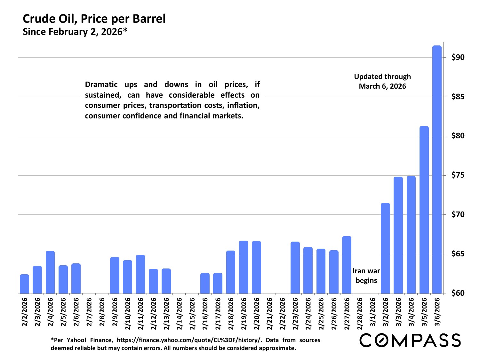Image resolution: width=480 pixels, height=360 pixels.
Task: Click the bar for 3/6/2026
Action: (437, 170)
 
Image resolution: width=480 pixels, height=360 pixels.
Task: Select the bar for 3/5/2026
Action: (424, 210)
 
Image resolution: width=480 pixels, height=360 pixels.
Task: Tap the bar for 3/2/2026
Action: (385, 248)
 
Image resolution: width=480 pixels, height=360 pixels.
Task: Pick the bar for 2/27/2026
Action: (347, 265)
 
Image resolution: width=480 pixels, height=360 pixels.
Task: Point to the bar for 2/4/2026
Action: (50, 272)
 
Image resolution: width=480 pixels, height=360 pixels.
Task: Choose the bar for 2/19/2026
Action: (244, 267)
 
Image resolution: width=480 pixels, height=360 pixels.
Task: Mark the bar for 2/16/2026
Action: (205, 283)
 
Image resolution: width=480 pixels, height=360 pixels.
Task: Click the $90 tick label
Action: (458, 58)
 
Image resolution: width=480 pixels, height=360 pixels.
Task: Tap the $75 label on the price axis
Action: (458, 175)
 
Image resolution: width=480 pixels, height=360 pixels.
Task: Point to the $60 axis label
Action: (458, 293)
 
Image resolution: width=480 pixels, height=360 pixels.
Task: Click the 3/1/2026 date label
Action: (372, 312)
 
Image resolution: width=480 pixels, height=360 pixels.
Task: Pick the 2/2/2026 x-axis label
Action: (25, 312)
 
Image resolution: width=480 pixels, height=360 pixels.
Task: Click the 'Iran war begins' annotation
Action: (366, 276)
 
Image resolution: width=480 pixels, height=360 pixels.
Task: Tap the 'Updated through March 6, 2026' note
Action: (382, 81)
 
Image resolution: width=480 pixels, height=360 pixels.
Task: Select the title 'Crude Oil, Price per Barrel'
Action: (94, 19)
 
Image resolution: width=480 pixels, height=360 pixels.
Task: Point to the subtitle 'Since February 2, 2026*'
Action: (75, 32)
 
